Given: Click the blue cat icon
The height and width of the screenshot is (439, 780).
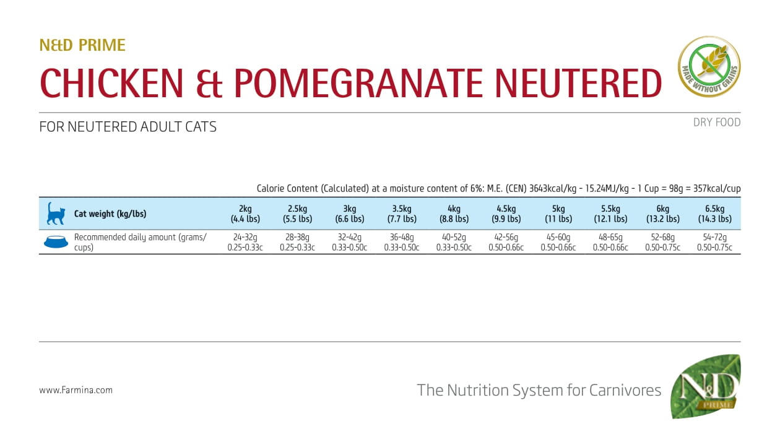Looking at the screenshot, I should (x=55, y=214).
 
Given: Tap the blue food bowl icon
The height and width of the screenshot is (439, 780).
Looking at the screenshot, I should (x=56, y=242).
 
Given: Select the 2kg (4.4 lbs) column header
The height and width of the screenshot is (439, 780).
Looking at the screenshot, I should (x=245, y=214).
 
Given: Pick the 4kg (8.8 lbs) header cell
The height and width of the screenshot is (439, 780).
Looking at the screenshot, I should (x=454, y=214).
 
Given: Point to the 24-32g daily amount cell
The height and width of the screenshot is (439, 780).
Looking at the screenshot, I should (x=245, y=242).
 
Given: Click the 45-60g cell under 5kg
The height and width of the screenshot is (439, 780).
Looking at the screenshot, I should (x=558, y=242).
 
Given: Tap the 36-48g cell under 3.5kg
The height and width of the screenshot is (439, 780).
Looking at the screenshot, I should (x=401, y=242).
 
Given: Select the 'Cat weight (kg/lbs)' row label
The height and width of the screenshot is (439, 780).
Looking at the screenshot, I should (x=110, y=214).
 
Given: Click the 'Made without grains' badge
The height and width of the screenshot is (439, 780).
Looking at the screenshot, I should (x=709, y=67).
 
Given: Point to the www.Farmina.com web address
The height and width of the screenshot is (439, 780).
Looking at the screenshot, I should (x=76, y=390).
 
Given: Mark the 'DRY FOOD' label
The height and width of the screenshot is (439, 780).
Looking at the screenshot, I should (x=717, y=123).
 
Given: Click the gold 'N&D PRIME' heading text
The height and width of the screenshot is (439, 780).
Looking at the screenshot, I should (x=82, y=45).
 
